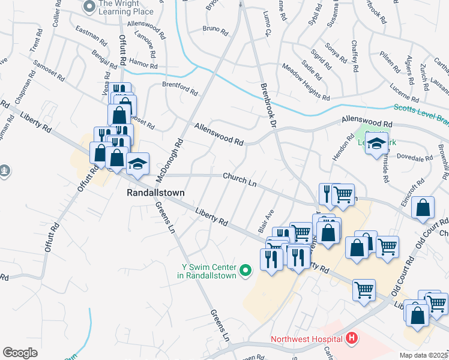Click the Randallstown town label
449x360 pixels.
coord(155,193)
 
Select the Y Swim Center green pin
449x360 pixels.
coord(245,271)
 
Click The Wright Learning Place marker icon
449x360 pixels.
coord(89,7)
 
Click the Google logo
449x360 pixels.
coord(20,353)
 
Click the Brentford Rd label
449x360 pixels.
coord(180,89)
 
